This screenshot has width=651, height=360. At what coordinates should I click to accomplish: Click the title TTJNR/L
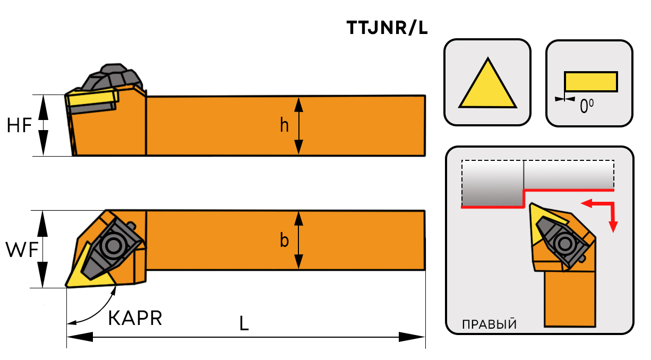coord(387,28)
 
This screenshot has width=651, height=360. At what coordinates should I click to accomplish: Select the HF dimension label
coord(20,125)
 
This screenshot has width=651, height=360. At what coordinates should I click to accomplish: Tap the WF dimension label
coord(21,249)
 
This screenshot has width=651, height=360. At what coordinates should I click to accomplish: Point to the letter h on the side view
coord(285,125)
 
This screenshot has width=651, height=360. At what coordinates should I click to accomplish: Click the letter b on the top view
coord(285,241)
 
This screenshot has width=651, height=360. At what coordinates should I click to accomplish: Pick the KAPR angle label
coord(135,318)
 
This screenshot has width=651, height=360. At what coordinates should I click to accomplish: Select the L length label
coord(244,323)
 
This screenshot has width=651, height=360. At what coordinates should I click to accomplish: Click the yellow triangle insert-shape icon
coord(487,85)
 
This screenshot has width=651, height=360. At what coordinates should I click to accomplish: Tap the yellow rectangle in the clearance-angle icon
coord(590,81)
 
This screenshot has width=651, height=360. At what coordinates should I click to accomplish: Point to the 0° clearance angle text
coord(586,107)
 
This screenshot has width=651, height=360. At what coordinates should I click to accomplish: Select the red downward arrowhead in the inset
coord(614,227)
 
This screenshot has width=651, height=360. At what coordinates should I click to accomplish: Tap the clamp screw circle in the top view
coord(113,245)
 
